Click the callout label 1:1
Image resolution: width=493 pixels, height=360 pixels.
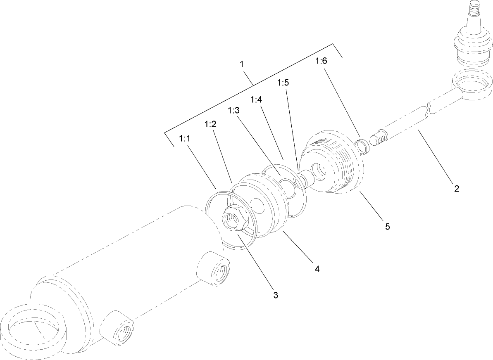(184, 139)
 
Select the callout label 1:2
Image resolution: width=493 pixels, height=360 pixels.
(210, 124)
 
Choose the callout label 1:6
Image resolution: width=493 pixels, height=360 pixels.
(321, 61)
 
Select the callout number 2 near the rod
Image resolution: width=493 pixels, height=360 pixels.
(456, 189)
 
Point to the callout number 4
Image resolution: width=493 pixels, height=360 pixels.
(317, 269)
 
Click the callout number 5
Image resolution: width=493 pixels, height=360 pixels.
(387, 226)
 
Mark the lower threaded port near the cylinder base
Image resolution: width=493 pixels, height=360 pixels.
(118, 327)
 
